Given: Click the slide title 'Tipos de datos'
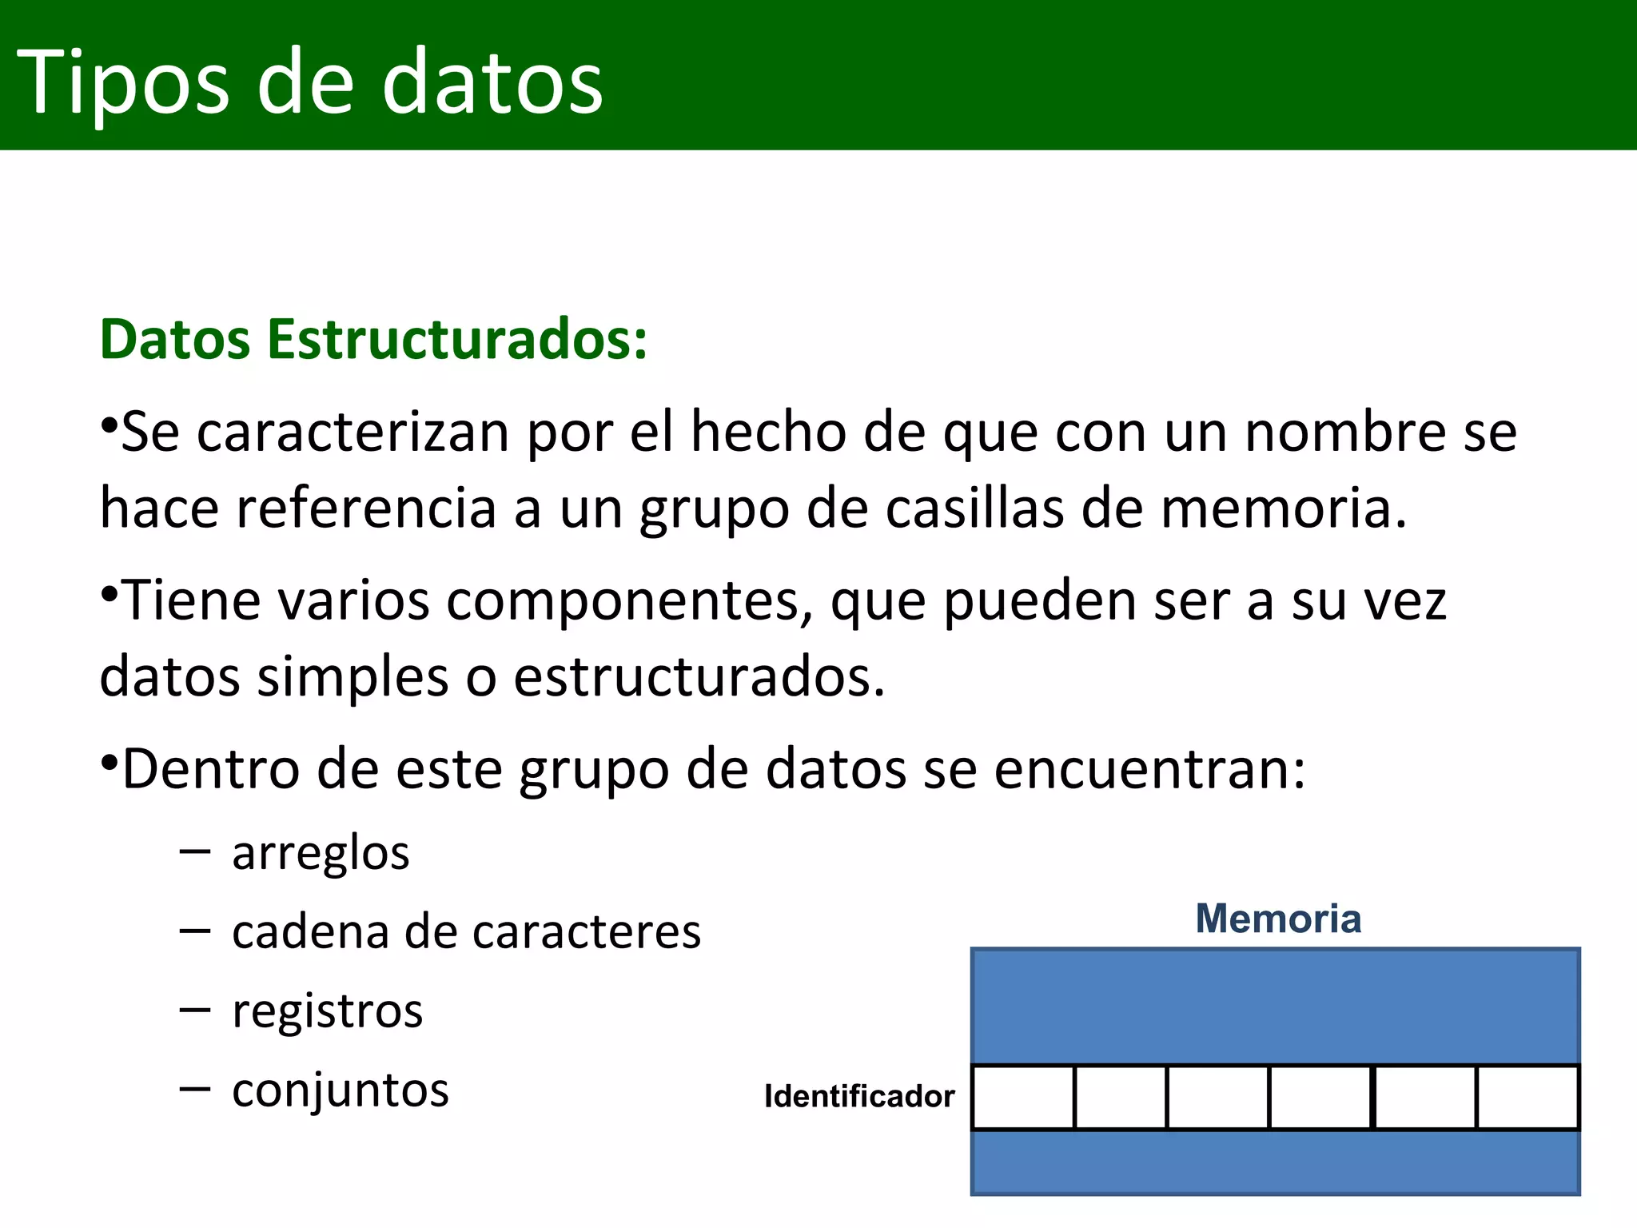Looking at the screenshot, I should pos(309,82).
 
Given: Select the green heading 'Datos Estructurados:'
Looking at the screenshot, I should pos(373,340).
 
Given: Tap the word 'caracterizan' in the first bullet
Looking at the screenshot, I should pos(352,433).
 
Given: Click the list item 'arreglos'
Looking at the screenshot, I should pos(321,853).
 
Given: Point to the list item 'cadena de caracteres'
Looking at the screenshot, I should pos(466,932).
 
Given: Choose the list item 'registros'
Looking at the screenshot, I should pos(327,1011).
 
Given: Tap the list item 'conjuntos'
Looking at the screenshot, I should pos(341,1090).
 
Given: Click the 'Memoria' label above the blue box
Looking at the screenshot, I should pos(1278,919).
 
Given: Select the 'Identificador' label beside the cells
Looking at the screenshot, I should pos(859,1096).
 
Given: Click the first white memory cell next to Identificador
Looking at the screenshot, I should pos(1024,1097).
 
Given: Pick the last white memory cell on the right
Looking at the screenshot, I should pos(1527,1097).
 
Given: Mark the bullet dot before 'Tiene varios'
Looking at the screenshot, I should pos(110,593).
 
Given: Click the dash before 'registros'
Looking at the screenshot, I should pos(195,1010).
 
